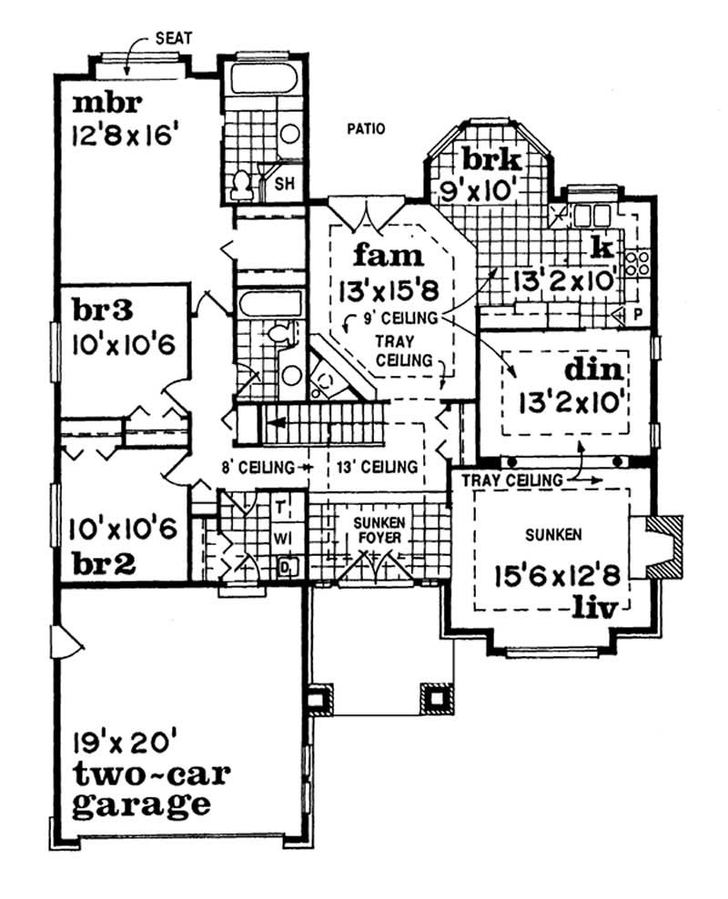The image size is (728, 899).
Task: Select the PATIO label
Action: click(x=366, y=128)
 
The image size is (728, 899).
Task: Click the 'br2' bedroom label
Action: click(x=102, y=563)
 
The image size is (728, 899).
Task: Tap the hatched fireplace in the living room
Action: click(x=662, y=546)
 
